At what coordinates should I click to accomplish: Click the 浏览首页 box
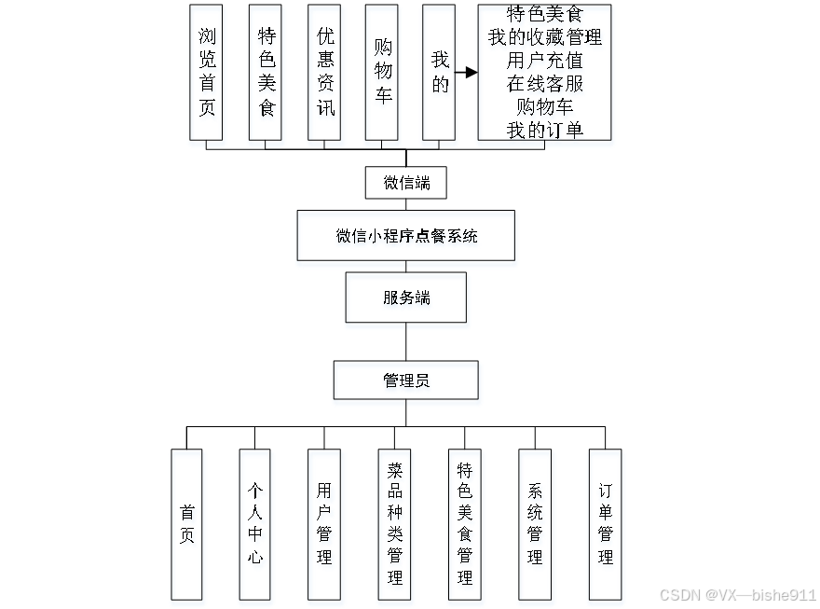click(206, 72)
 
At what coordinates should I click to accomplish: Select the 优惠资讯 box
click(324, 72)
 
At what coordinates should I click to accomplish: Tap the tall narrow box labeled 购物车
click(382, 72)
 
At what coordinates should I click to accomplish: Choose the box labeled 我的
click(439, 72)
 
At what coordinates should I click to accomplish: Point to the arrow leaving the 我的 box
click(466, 72)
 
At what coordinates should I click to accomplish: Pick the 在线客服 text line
click(545, 84)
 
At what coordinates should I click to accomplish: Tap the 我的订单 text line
click(545, 130)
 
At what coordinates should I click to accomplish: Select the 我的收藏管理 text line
click(545, 38)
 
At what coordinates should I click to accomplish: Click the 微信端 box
click(405, 183)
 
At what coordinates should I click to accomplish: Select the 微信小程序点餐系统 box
click(406, 236)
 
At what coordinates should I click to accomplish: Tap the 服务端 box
click(406, 298)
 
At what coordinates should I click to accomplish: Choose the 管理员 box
click(406, 381)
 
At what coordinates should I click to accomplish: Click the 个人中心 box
click(254, 524)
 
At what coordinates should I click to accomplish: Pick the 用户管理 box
click(324, 524)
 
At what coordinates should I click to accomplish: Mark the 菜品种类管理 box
click(394, 524)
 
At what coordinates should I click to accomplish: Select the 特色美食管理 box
click(464, 524)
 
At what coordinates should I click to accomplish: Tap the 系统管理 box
click(535, 524)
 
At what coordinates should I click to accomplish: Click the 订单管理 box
click(605, 524)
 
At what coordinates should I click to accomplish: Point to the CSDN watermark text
click(738, 595)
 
